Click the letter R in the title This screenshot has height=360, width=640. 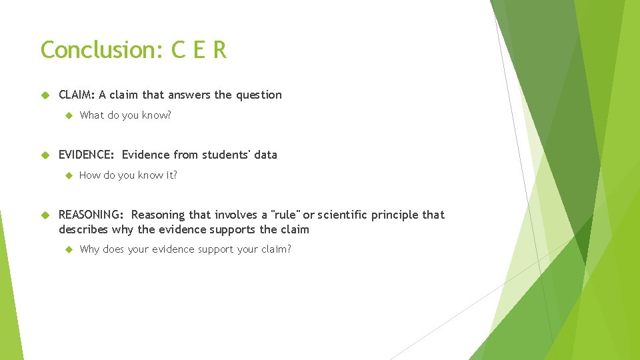[x=219, y=50]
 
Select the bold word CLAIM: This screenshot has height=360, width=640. [x=77, y=95]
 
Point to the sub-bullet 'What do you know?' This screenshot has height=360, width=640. [x=125, y=115]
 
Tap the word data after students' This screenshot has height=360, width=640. [x=265, y=155]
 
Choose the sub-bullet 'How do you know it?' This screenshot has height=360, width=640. [x=128, y=175]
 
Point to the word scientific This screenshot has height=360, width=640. [x=344, y=215]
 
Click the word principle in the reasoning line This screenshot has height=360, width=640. [x=396, y=215]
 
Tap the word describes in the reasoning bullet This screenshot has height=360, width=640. [x=83, y=229]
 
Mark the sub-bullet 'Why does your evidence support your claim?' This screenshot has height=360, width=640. [x=185, y=249]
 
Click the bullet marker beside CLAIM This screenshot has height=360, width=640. [x=45, y=95]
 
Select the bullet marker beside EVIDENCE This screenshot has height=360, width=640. [x=45, y=155]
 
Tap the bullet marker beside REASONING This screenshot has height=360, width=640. [x=45, y=215]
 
